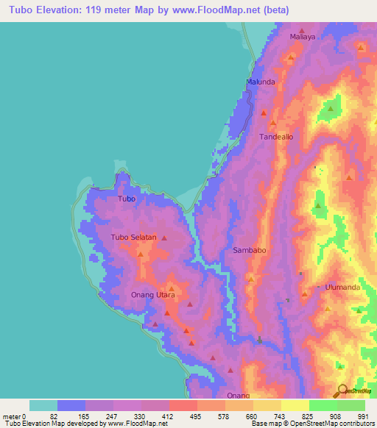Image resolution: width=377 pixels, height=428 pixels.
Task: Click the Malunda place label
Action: pos(261,82)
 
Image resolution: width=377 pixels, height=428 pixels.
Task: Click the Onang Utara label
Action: pos(152,295)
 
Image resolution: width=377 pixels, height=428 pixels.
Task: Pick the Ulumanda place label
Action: pos(342,287)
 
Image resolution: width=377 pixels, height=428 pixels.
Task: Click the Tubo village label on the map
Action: pos(127,199)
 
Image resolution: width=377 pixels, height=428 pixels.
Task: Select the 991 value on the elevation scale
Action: pos(363,415)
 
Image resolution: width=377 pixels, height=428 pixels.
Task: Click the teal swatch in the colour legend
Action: pos(43,405)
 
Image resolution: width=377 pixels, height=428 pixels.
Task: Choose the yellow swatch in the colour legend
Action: pos(295,405)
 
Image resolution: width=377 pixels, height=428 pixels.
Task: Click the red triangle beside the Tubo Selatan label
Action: pos(163,238)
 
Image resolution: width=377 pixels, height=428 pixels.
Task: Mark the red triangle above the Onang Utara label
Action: pos(171,287)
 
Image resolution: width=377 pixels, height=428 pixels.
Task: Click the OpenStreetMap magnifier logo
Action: pos(342,390)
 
